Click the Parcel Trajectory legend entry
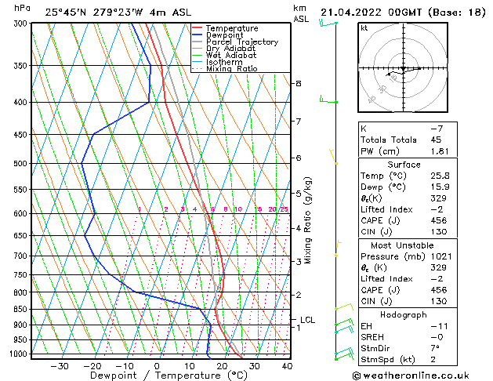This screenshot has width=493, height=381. click(x=241, y=42)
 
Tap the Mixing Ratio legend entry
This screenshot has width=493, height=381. click(x=232, y=68)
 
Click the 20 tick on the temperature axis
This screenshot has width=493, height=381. click(x=223, y=365)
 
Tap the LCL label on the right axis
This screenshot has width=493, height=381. click(x=307, y=320)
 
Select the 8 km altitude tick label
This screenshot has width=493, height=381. click(x=299, y=83)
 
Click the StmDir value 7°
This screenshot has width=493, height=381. click(x=433, y=348)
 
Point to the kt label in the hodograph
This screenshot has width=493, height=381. click(x=364, y=27)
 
